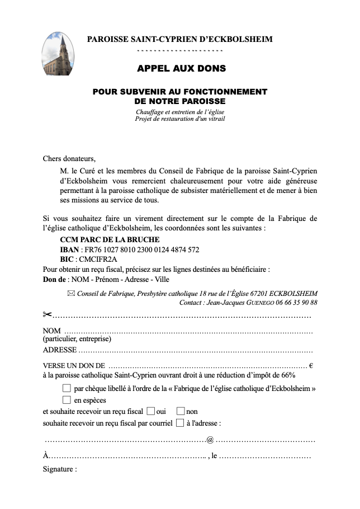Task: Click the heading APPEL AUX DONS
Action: coord(182,69)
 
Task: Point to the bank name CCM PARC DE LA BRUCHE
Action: coord(105,239)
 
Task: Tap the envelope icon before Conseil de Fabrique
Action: coord(70,293)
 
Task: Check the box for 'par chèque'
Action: coord(67,388)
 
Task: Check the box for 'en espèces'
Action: coord(67,399)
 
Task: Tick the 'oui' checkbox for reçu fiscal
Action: coord(150,411)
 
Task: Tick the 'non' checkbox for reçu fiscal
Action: coord(180,411)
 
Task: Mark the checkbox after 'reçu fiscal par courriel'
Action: coord(179,423)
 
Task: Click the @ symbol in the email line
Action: coord(210,439)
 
